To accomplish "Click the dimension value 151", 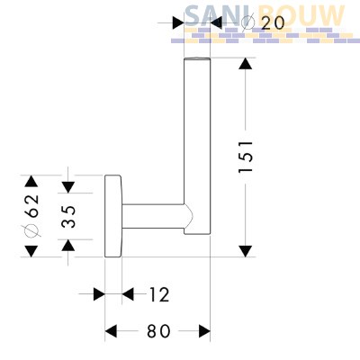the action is coord(246,157).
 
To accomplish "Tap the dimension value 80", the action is coord(158,331).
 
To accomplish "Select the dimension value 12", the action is coord(159,295).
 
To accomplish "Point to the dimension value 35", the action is coord(68,216).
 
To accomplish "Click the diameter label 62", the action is coord(32,205).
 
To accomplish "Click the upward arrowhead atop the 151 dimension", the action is coord(246,64).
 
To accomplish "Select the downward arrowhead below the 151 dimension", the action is coord(246,251).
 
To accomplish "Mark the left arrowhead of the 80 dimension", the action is coord(111,331).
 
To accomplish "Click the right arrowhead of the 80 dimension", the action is coord(204,331).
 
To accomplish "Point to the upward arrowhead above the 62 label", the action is coord(31,181).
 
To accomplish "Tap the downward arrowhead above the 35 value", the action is coord(68,187).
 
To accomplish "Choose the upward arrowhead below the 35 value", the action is coord(68,246).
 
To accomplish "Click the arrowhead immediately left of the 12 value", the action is coord(128,294).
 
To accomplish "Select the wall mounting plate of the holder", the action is coord(113,216).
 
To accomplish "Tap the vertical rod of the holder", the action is coord(197,145).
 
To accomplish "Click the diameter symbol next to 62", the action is coord(32,230).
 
